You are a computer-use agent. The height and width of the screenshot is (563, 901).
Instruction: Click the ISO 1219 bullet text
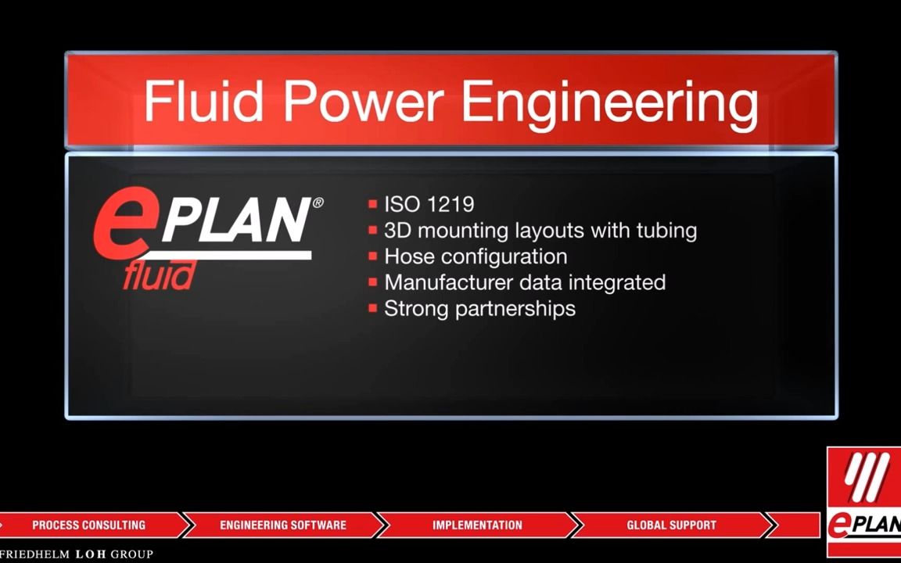click(x=429, y=205)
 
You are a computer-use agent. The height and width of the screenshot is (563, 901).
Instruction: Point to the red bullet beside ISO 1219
click(x=373, y=205)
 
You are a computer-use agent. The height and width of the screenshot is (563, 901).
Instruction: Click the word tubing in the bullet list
click(x=662, y=231)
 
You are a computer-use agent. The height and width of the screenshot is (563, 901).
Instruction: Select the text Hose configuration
click(x=476, y=256)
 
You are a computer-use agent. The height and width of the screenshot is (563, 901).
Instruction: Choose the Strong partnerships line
click(x=479, y=308)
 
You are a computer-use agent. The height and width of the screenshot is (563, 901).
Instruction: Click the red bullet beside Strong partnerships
click(x=373, y=308)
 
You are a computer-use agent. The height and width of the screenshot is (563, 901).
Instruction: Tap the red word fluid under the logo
click(x=158, y=275)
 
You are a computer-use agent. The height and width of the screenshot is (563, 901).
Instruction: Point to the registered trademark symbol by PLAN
click(x=318, y=203)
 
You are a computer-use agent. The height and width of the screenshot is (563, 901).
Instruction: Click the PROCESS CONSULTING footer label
click(x=88, y=525)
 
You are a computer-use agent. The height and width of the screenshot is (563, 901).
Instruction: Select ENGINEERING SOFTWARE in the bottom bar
click(x=282, y=525)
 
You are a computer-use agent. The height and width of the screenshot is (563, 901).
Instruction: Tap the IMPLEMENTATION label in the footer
click(x=477, y=525)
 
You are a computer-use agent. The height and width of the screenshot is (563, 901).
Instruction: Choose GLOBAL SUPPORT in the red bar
click(x=671, y=525)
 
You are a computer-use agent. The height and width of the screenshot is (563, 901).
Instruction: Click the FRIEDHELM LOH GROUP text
click(x=77, y=554)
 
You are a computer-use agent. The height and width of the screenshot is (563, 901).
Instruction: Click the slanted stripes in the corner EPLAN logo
click(x=866, y=477)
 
